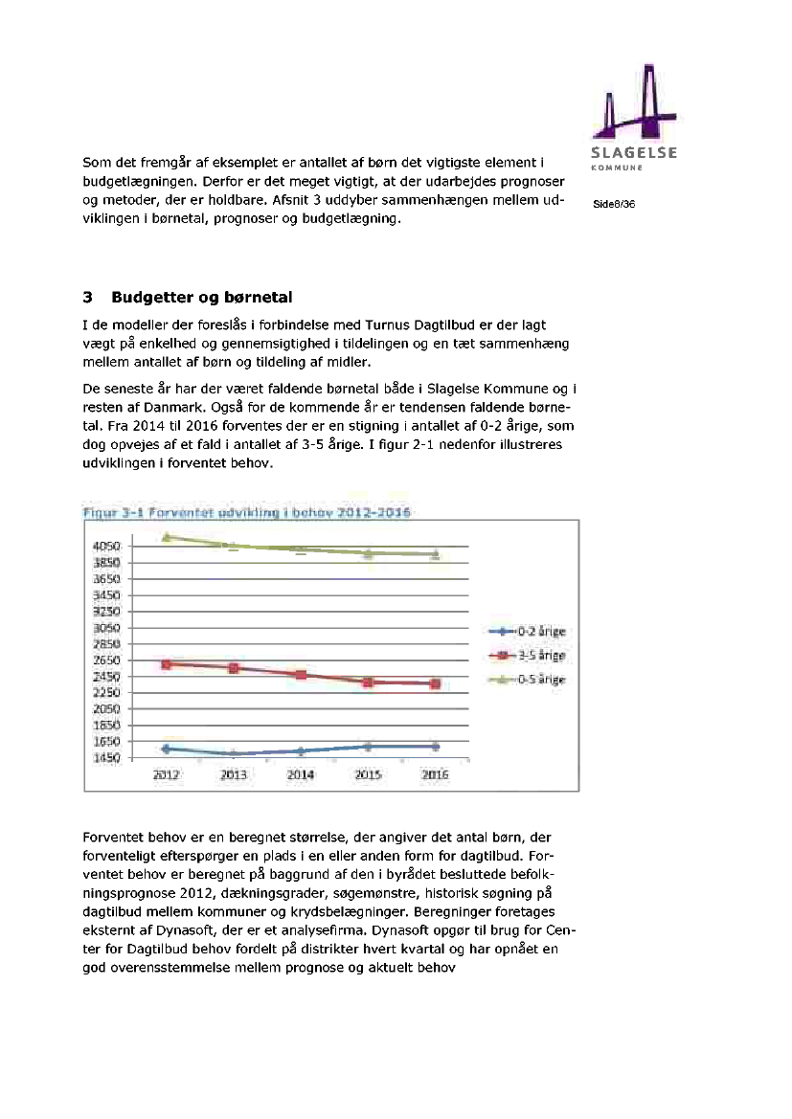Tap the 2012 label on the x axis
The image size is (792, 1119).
[167, 775]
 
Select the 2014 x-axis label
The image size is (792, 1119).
[301, 775]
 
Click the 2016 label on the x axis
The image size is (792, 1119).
[436, 775]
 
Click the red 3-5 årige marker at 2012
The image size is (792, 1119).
[167, 663]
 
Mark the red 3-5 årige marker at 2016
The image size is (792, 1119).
[436, 683]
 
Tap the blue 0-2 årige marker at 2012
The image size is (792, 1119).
[167, 749]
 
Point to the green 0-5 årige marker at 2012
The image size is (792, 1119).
[167, 537]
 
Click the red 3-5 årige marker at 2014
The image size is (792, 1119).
[301, 675]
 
